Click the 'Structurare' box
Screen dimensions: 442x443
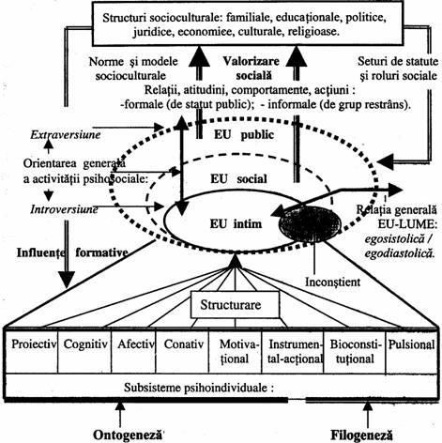(235, 305)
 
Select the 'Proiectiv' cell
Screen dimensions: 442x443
(32, 351)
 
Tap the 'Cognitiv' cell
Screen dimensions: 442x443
(84, 351)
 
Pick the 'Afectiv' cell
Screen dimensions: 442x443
(133, 351)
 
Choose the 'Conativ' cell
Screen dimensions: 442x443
(182, 351)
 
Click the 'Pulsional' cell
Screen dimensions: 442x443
(411, 351)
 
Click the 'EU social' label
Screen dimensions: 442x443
(238, 179)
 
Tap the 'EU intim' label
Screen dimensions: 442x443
(236, 224)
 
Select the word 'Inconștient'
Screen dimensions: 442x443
(332, 282)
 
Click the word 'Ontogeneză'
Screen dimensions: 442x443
(129, 435)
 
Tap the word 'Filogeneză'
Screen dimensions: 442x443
(361, 435)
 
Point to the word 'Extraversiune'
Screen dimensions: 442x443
(66, 135)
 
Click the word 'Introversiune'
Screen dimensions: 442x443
(64, 209)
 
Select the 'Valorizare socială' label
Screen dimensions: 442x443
(251, 69)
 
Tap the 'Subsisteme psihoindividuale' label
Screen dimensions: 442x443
(199, 388)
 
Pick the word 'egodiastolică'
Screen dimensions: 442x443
(400, 253)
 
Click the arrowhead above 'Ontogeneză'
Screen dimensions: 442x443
(120, 406)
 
